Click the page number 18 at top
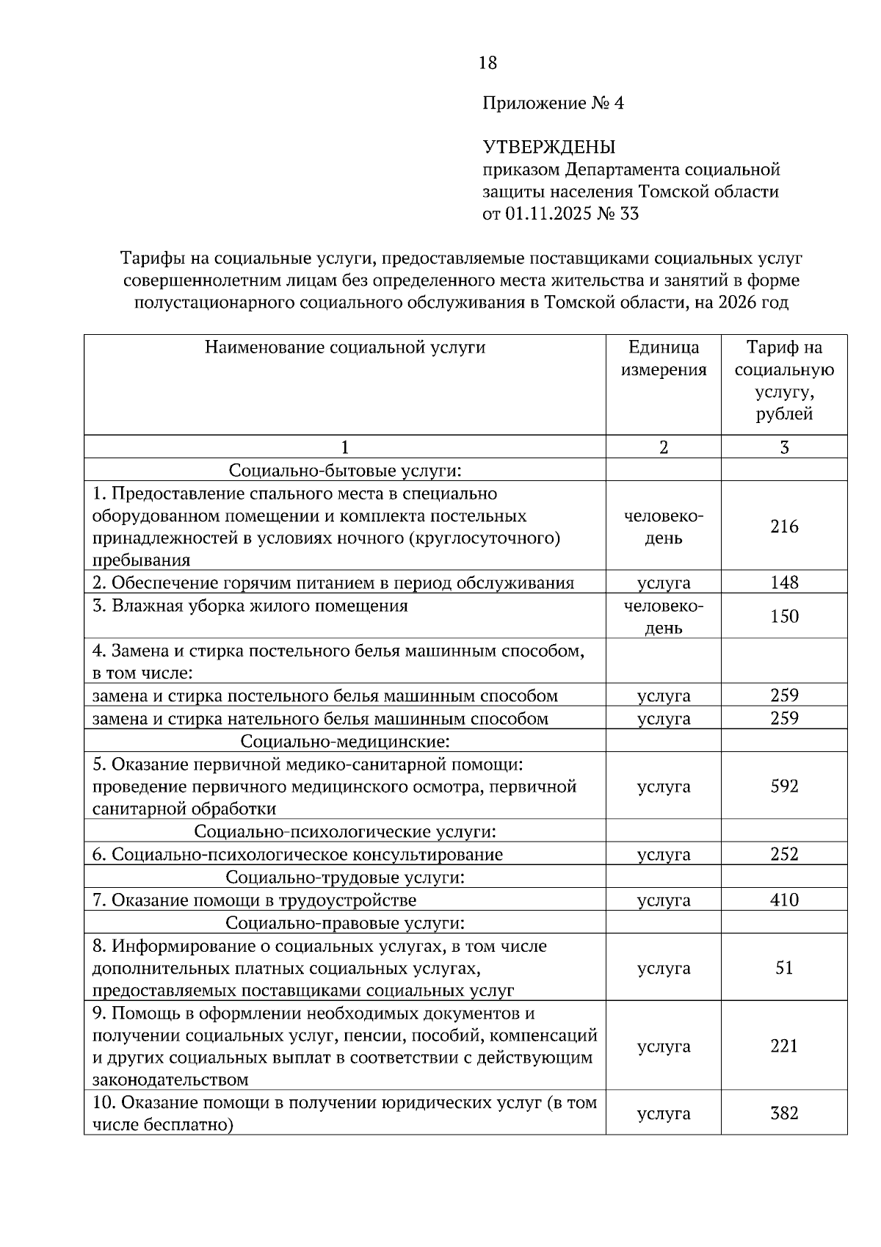click(x=487, y=63)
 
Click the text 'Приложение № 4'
click(x=553, y=104)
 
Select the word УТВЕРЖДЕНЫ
click(x=548, y=148)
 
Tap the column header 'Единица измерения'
click(x=664, y=358)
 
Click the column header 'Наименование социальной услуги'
click(x=344, y=347)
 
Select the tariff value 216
click(x=784, y=527)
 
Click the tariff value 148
click(x=784, y=583)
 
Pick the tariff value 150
click(x=784, y=617)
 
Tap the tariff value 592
click(x=784, y=787)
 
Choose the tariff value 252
click(x=784, y=855)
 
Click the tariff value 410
click(x=784, y=900)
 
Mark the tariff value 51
click(x=784, y=968)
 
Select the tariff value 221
click(x=784, y=1047)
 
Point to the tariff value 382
click(x=784, y=1113)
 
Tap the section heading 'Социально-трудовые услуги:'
click(x=344, y=878)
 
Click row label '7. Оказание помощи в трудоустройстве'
click(x=254, y=900)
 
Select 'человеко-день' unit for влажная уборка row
click(x=664, y=617)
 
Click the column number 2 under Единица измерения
click(x=664, y=447)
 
